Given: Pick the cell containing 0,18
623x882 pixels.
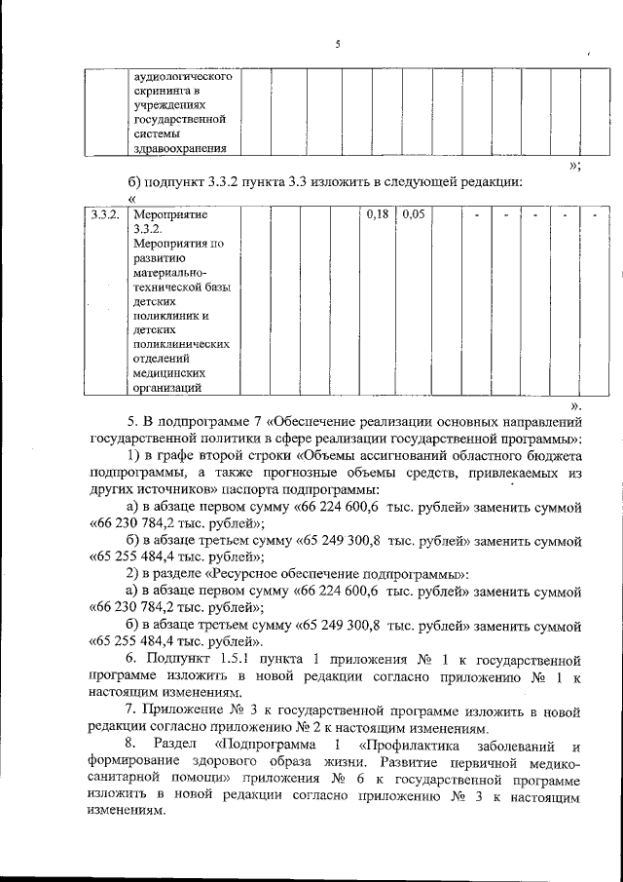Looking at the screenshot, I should [x=376, y=213].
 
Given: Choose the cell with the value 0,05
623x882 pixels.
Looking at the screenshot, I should [x=414, y=213].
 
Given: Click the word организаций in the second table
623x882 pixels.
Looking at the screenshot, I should [x=168, y=388].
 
